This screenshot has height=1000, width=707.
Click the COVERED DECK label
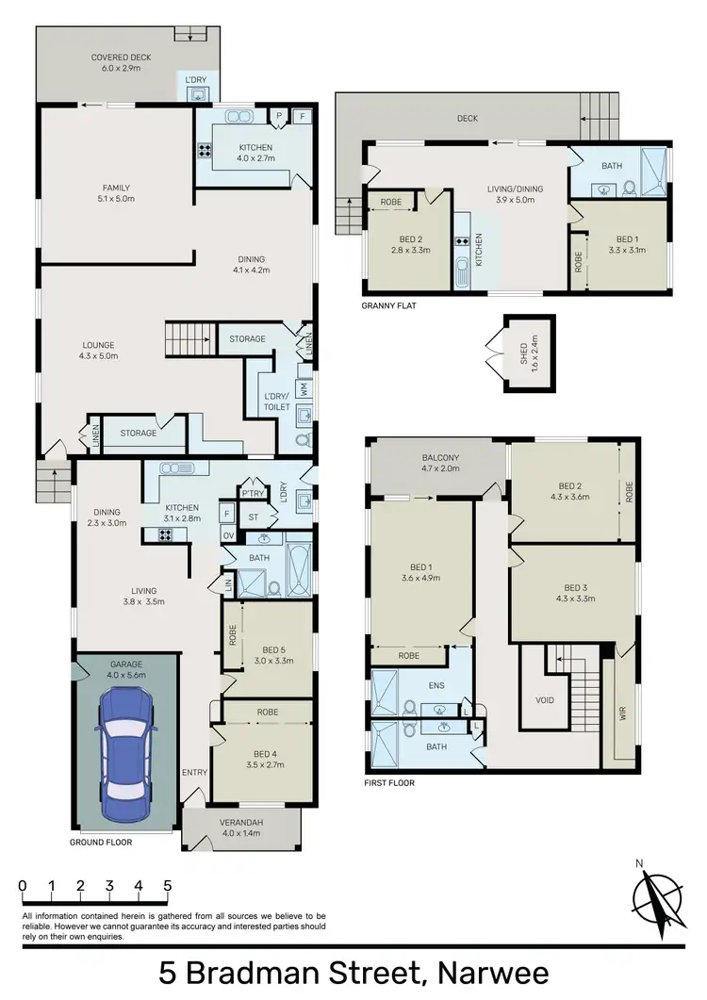pyautogui.click(x=121, y=63)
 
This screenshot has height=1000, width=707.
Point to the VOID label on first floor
pyautogui.click(x=545, y=700)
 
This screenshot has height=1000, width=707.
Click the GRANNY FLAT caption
pyautogui.click(x=388, y=306)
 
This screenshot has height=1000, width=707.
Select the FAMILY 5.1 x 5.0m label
pyautogui.click(x=116, y=193)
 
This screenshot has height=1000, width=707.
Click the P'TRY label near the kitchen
pyautogui.click(x=252, y=494)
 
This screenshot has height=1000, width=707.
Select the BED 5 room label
pyautogui.click(x=272, y=654)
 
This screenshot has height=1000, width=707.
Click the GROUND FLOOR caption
pyautogui.click(x=101, y=842)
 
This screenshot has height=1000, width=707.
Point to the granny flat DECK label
pyautogui.click(x=468, y=119)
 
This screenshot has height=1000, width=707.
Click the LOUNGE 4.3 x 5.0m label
pyautogui.click(x=97, y=351)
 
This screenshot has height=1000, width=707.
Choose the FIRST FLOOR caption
pyautogui.click(x=388, y=782)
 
